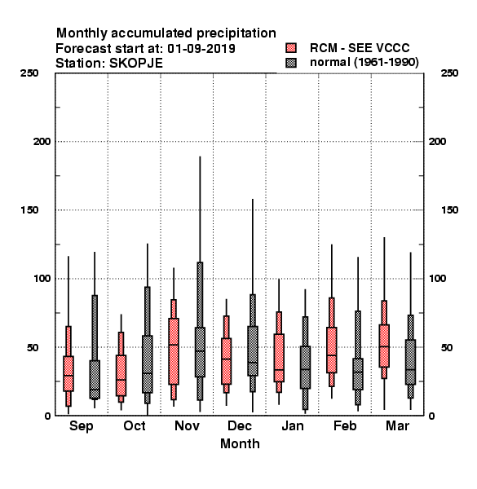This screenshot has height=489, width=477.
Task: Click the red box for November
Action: (174, 351)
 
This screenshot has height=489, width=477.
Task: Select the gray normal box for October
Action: (148, 364)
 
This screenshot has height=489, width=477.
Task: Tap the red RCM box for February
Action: (332, 350)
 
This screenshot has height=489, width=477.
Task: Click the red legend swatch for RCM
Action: (291, 48)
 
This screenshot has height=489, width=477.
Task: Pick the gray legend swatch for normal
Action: (291, 63)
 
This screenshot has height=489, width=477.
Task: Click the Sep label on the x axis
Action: (81, 426)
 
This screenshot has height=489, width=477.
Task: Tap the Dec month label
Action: (240, 425)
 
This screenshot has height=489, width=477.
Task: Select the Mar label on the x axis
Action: (397, 425)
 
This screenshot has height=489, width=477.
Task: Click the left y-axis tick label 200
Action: (42, 142)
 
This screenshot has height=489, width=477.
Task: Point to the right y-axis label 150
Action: (449, 210)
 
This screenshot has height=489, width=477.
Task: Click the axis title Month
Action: (240, 443)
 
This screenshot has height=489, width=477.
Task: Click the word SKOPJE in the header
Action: (136, 64)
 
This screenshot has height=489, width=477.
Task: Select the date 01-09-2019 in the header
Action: (201, 49)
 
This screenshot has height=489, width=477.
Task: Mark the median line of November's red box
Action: (174, 345)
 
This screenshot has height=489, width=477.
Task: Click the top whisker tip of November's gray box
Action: (200, 156)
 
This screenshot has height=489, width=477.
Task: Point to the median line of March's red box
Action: (384, 346)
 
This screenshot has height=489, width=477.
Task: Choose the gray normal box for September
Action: (95, 380)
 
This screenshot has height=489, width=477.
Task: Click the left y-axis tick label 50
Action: (33, 347)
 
